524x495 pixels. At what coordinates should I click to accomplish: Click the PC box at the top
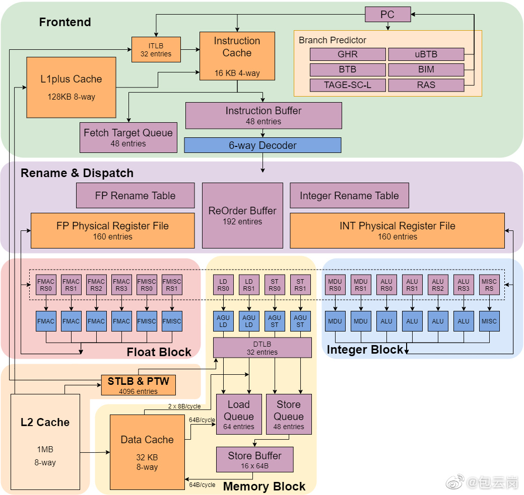tap(387, 15)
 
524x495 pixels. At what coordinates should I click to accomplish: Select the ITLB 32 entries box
tap(156, 50)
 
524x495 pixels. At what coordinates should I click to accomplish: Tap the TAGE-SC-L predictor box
tap(348, 85)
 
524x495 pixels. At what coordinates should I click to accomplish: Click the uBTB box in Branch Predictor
tap(426, 54)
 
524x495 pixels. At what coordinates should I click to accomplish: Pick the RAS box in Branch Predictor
tap(426, 85)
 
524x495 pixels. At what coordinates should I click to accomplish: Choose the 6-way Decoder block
tap(263, 145)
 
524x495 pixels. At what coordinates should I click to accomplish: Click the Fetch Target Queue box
tap(128, 137)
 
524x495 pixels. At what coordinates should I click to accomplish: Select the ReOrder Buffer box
tap(242, 215)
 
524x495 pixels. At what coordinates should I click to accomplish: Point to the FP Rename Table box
tap(136, 196)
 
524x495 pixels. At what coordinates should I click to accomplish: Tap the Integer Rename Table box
tap(349, 196)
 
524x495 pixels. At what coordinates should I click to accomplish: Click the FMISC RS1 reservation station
tap(172, 285)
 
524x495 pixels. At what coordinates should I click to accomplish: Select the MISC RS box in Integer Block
tap(489, 285)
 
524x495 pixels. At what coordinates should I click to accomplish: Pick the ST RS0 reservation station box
tap(275, 285)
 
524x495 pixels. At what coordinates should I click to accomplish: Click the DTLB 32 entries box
tap(263, 347)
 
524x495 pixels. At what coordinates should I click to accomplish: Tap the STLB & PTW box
tap(139, 385)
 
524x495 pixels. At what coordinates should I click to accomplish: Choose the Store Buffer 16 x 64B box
tap(255, 460)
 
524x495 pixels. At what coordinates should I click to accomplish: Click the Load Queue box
tap(239, 415)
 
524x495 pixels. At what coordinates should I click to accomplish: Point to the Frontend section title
tap(65, 22)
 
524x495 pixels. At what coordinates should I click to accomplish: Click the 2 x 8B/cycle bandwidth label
tap(184, 406)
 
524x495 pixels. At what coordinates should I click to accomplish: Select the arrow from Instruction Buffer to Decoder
tap(263, 133)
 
